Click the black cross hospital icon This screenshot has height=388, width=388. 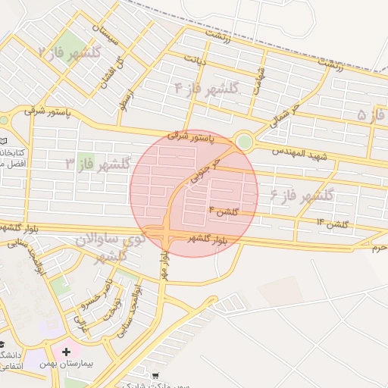67,352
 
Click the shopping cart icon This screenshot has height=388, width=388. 155,375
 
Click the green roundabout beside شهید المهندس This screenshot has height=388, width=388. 244,142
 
